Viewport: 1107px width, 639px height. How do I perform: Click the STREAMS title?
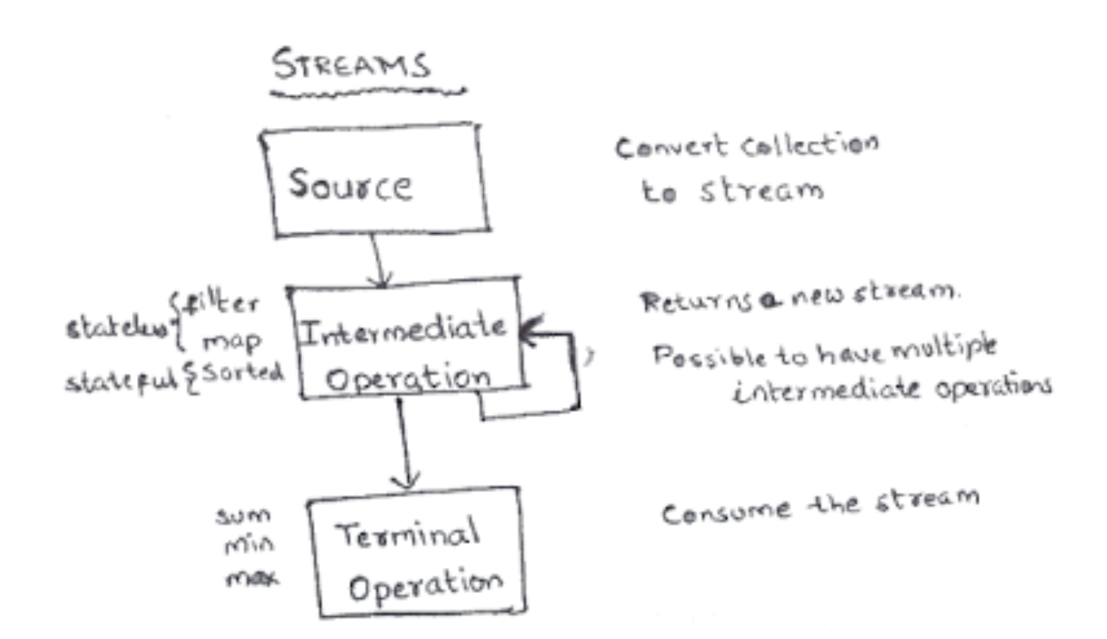point(351,65)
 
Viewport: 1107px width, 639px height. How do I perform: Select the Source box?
point(375,180)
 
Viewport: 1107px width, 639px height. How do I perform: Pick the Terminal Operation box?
point(416,553)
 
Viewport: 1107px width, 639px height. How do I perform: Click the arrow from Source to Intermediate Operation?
point(378,260)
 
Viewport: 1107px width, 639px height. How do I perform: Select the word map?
point(231,342)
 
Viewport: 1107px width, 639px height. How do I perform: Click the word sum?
point(243,516)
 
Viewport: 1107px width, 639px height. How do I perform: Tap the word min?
point(248,544)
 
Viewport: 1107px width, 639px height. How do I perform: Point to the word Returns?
point(695,301)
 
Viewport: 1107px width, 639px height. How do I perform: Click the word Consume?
point(725,512)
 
